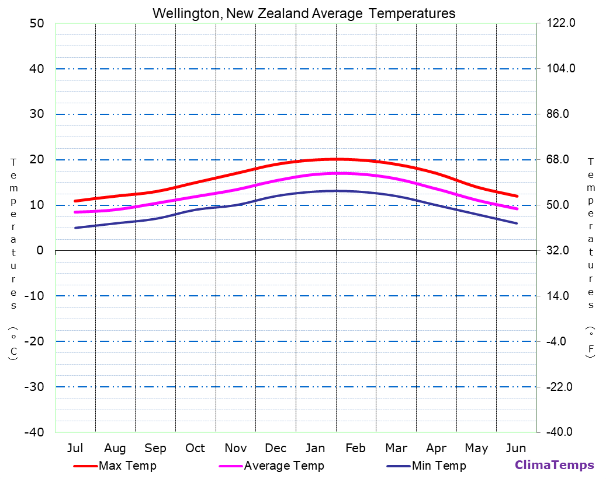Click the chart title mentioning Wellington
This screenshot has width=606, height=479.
coord(303,13)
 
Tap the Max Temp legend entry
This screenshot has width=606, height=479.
coord(127,466)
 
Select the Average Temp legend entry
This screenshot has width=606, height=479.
coord(283,466)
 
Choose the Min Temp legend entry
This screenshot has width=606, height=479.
coord(438,466)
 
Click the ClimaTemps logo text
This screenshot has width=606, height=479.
coord(554,465)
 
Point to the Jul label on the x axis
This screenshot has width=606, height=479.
coord(75,448)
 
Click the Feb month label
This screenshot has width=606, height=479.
coord(355,448)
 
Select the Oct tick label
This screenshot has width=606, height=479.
coord(195,448)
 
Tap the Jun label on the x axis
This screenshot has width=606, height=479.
coord(515,448)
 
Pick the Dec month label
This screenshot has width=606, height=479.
coord(275,448)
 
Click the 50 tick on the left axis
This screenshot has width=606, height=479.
coord(36,23)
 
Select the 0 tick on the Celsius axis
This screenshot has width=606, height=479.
coord(40,250)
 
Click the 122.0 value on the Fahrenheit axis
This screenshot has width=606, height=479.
coord(561,23)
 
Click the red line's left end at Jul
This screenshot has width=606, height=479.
coord(75,201)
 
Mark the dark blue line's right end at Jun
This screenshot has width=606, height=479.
coord(517,223)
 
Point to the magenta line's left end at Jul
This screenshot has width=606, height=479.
coord(75,212)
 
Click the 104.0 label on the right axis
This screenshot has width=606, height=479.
coord(561,69)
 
